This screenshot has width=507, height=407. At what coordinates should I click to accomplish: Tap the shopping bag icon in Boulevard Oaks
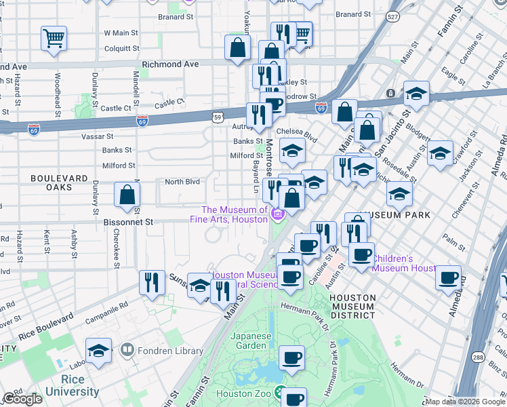pos(127,195)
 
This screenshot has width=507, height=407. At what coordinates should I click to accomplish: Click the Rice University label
pos(70,385)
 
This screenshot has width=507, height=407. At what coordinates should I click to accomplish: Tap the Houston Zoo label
pos(243,393)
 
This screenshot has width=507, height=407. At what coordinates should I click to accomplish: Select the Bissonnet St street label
pos(129,222)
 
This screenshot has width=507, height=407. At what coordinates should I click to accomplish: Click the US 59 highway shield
pos(216,117)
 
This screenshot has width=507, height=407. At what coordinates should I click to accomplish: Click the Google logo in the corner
pos(22,399)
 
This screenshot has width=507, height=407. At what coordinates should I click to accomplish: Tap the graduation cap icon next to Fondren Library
pos(100,350)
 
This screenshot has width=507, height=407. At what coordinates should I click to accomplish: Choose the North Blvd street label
pos(182,181)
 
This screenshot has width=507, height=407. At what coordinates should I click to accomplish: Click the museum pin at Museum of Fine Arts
pos(277,216)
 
